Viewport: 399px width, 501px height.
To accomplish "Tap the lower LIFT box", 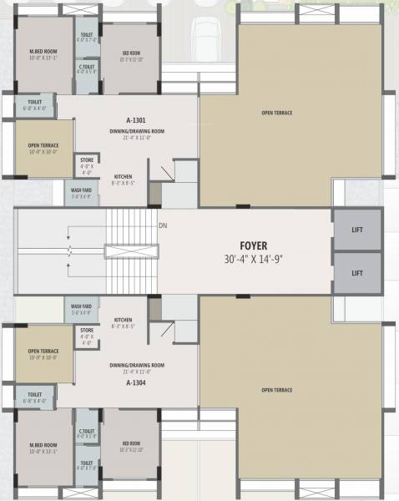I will tap(357, 272).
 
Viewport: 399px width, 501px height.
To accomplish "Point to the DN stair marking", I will tap(162, 225).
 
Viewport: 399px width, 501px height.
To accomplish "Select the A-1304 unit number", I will tap(136, 382).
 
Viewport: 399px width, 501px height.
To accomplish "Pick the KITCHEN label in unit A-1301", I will tap(124, 177).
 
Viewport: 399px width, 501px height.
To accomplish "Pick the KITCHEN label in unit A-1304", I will tap(124, 319).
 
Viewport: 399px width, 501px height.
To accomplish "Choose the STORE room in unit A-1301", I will tap(87, 164).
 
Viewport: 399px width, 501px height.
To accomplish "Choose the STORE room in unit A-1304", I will tap(87, 335).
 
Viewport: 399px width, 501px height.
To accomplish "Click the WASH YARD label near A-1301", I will tap(81, 194).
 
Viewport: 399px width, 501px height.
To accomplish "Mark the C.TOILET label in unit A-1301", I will tap(86, 67).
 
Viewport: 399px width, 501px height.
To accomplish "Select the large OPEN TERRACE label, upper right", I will tap(276, 112).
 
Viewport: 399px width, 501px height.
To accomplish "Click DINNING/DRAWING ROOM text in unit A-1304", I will tap(136, 366).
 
